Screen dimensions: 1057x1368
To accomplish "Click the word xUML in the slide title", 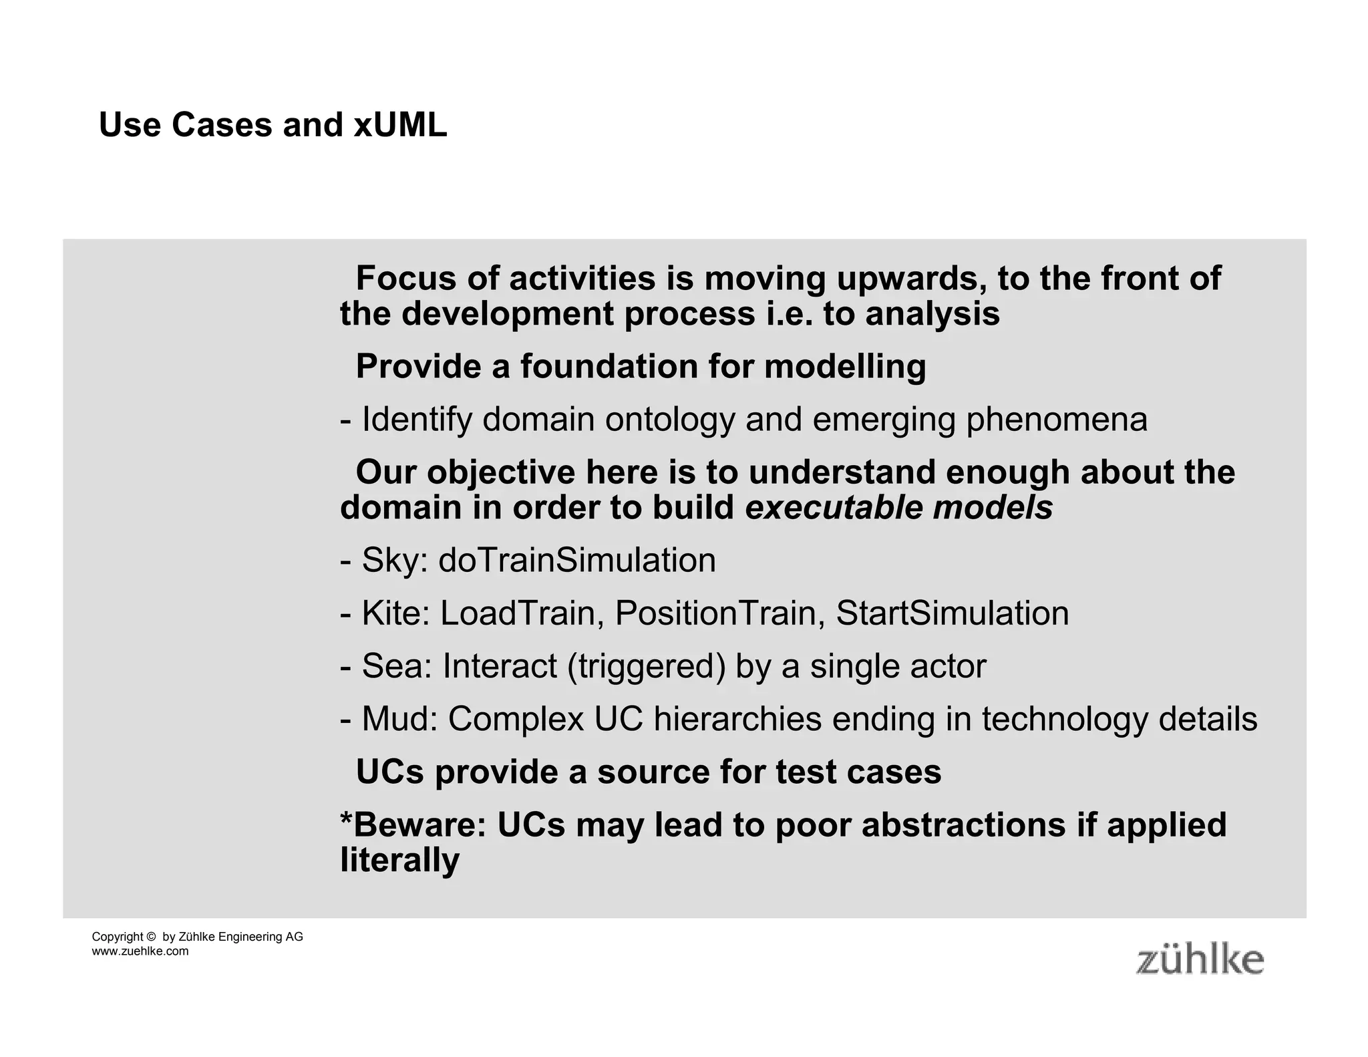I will click(400, 125).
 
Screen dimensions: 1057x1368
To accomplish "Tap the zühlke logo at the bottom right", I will click(1200, 960).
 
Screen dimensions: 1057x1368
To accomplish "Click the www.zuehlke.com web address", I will click(140, 951).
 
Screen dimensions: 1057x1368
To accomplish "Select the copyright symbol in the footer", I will click(150, 937).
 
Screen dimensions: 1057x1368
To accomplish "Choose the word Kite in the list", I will click(395, 613).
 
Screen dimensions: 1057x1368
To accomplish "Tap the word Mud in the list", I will click(399, 720).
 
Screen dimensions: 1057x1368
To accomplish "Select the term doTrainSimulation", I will click(577, 560).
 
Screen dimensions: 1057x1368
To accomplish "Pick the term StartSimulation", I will click(952, 613).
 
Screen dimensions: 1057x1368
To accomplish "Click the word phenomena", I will click(1057, 420).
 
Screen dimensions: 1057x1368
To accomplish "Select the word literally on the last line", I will click(399, 861).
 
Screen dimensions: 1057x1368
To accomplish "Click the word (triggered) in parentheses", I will click(646, 667).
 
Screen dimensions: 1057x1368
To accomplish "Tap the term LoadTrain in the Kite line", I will click(517, 613).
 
